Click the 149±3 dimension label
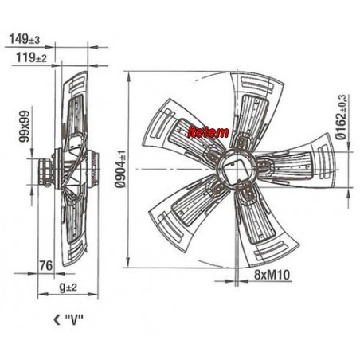coord(25,39)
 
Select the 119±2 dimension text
coord(31,57)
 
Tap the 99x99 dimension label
coord(25,127)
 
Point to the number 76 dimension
coord(46,265)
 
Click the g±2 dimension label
coord(68,287)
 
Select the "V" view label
coord(74,320)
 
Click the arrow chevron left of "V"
coord(57,320)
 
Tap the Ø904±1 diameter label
coord(120,169)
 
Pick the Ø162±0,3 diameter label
coord(341,117)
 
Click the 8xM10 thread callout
coord(272,275)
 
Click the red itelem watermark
coord(208,132)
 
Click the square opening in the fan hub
coord(236,171)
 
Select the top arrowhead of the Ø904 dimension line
coord(128,77)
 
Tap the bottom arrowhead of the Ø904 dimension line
coord(128,262)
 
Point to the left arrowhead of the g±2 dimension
coord(43,294)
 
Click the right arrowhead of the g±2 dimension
coord(93,294)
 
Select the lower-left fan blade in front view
coord(186,209)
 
